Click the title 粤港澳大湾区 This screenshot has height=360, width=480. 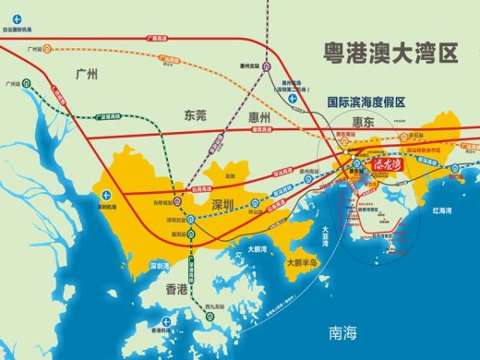387,53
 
